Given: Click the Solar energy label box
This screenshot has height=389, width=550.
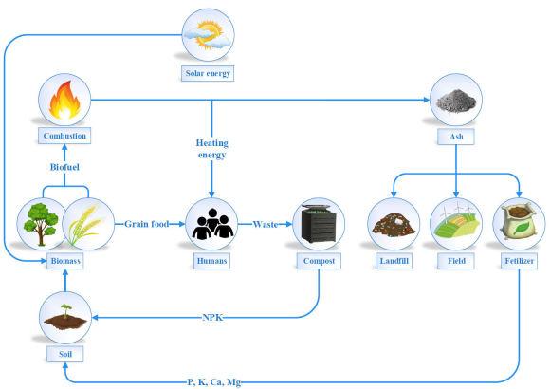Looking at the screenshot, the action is [208, 73].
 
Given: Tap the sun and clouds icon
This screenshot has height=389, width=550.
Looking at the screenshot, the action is [208, 35].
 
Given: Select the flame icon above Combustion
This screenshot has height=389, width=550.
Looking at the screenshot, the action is [64, 100].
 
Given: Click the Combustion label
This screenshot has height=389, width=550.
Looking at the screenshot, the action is [64, 136].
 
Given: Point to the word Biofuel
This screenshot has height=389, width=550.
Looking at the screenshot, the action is [64, 167].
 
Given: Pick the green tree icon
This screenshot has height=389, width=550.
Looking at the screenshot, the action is [41, 224].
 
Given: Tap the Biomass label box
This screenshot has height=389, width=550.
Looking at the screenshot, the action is [65, 261].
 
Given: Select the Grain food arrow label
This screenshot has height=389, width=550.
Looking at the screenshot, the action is [147, 224].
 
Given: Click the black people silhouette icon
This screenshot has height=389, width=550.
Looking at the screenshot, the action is [212, 223].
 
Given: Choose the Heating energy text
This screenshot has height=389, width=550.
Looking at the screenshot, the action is [211, 149].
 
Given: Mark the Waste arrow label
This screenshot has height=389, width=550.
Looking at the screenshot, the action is [266, 224].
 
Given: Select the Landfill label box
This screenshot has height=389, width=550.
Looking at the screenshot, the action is [394, 261].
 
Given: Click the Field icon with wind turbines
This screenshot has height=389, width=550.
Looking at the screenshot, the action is [456, 224].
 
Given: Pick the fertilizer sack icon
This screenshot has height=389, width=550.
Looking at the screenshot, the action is [519, 223].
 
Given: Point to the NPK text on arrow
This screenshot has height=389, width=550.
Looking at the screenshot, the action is [212, 318].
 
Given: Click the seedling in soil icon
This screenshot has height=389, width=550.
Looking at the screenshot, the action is [65, 317].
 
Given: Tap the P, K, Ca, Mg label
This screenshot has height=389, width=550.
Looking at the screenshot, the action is [214, 382].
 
